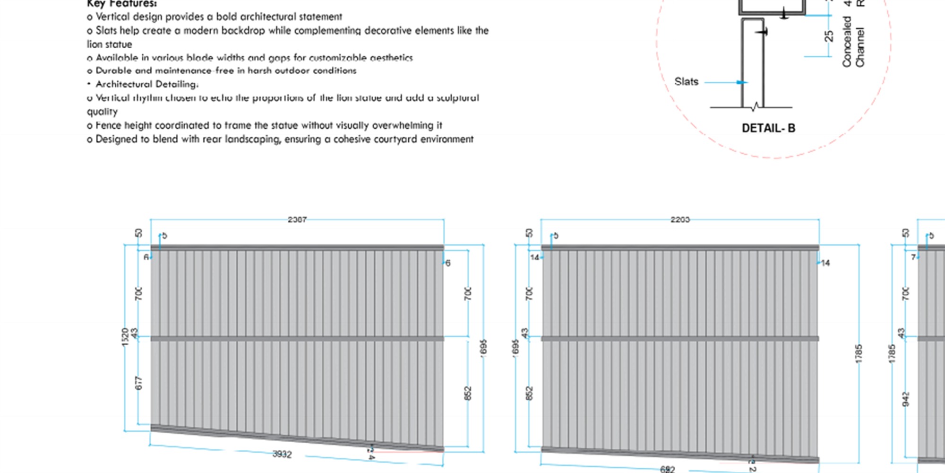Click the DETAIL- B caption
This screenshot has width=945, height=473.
[768, 128]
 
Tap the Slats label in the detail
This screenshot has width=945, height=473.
[686, 82]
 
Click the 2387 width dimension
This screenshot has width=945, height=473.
[297, 219]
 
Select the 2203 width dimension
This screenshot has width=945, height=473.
[680, 219]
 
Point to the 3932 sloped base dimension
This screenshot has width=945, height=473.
[282, 454]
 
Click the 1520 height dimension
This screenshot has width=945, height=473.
[125, 337]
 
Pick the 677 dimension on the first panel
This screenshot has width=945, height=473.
[138, 383]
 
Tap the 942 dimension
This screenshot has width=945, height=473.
[906, 399]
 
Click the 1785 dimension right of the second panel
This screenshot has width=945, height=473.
[859, 354]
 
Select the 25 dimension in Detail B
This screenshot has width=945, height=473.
[829, 36]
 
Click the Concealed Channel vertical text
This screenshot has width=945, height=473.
[853, 43]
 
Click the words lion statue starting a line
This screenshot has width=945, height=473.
[109, 44]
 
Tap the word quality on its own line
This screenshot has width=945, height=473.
[102, 112]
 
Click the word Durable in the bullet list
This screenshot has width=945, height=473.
[112, 71]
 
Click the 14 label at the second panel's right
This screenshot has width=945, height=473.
[825, 263]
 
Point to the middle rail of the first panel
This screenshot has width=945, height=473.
[297, 339]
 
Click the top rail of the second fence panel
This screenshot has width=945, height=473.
[680, 247]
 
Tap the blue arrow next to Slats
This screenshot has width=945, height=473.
[741, 82]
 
